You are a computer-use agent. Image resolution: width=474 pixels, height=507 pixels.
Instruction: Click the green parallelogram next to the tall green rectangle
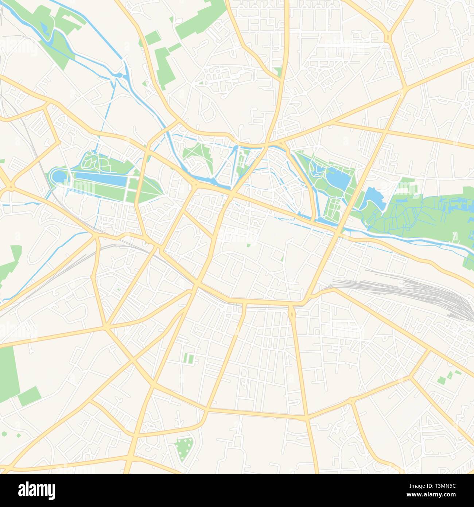pos(29,396)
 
